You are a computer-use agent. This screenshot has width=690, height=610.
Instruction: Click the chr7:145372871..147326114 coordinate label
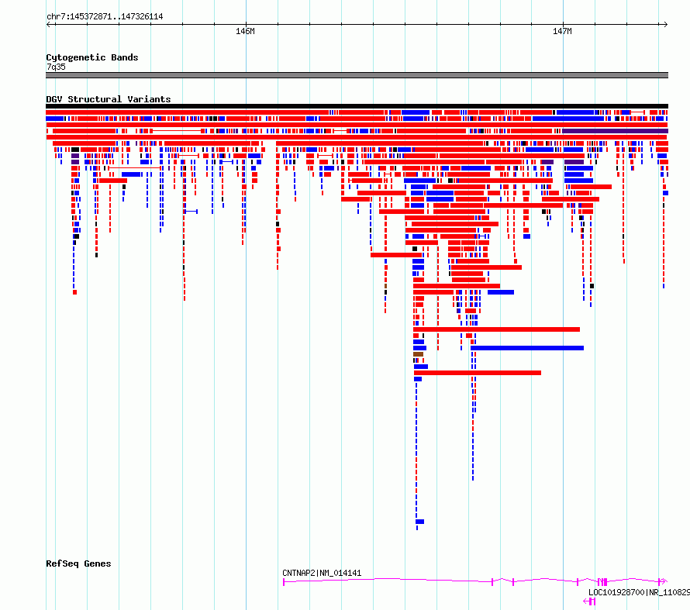tap(105, 17)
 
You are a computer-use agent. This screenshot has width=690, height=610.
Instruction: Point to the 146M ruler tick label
tap(245, 31)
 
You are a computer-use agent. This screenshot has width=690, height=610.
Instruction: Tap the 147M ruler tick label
tap(562, 31)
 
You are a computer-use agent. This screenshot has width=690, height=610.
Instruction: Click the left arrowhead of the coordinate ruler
tap(48, 24)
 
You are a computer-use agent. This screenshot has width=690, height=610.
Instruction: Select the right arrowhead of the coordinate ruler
tap(666, 24)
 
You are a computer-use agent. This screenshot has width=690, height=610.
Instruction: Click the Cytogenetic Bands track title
tap(92, 57)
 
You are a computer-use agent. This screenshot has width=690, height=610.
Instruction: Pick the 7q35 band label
tap(56, 67)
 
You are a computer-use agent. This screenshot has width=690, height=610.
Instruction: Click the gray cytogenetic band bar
tap(357, 75)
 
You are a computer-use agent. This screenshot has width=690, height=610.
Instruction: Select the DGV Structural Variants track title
tap(109, 99)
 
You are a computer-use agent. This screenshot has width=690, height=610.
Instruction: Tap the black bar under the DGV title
tap(357, 106)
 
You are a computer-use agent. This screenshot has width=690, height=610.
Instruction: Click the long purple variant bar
tap(616, 131)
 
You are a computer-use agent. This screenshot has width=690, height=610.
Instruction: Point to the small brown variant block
tap(418, 354)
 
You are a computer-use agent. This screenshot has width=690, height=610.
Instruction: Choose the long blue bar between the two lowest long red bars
tap(527, 348)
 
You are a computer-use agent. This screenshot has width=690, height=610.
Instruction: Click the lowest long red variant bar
tap(478, 373)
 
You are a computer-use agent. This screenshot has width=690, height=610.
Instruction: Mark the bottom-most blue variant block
tap(419, 522)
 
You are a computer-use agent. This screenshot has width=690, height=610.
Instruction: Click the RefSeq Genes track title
tap(78, 563)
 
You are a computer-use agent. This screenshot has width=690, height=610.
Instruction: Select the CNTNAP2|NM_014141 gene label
tap(322, 573)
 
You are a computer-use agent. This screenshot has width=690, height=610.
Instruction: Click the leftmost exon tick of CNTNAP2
tap(284, 582)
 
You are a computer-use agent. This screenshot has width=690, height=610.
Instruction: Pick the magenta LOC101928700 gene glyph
tap(589, 601)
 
